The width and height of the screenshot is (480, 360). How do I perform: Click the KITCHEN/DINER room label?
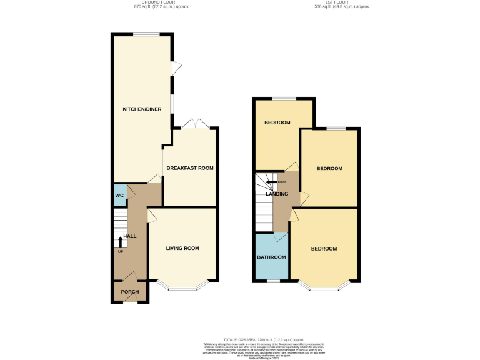(142, 109)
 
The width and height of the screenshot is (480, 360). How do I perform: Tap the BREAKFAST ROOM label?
(190, 168)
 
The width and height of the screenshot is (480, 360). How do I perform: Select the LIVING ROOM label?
(182, 248)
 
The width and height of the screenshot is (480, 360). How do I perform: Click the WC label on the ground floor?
(119, 196)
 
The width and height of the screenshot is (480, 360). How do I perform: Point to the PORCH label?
(129, 292)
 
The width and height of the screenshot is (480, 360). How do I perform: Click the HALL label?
(130, 236)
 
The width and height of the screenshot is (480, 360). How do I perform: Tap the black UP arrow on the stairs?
(121, 241)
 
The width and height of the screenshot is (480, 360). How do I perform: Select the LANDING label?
(277, 194)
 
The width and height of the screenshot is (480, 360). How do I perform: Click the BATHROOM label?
(272, 257)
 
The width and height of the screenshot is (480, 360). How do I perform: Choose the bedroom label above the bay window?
(324, 249)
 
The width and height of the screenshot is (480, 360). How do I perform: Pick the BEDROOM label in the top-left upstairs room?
(277, 122)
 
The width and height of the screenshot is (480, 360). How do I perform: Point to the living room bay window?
(183, 288)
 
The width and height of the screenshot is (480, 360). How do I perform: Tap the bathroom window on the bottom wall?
(272, 282)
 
